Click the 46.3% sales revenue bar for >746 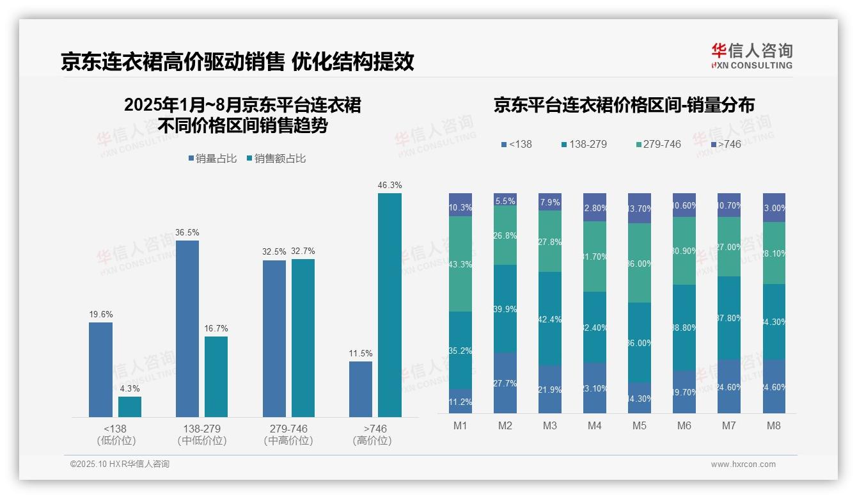(x=389, y=305)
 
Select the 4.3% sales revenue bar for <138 (x=130, y=407)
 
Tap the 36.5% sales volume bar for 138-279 (x=187, y=329)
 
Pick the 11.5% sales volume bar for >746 (x=361, y=389)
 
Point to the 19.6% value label (x=101, y=314)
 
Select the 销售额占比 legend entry (x=276, y=159)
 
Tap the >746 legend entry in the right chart (x=725, y=144)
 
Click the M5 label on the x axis (x=640, y=426)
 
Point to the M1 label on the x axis (x=460, y=426)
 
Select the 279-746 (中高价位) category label (x=288, y=434)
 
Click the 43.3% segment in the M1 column (x=460, y=264)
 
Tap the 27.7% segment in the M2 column (x=505, y=383)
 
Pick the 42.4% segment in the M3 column (x=550, y=319)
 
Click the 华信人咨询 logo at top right (x=752, y=56)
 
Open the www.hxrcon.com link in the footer (x=743, y=464)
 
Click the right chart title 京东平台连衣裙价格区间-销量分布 (x=624, y=106)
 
